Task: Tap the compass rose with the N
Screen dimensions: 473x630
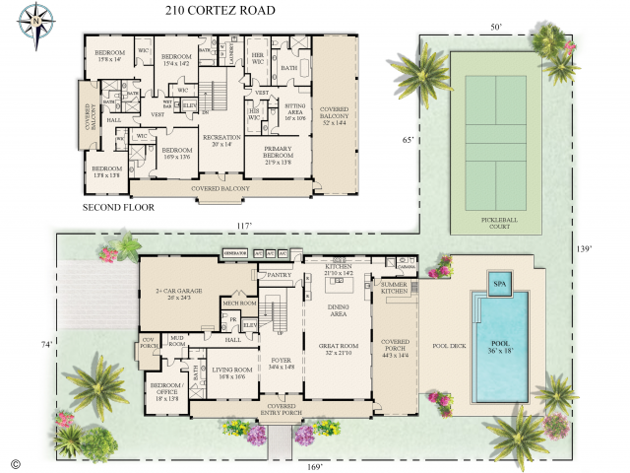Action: (x=38, y=19)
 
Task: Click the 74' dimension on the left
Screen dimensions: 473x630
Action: (x=45, y=344)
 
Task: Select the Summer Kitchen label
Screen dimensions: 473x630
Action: (x=395, y=287)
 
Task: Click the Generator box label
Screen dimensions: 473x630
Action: (x=234, y=253)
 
